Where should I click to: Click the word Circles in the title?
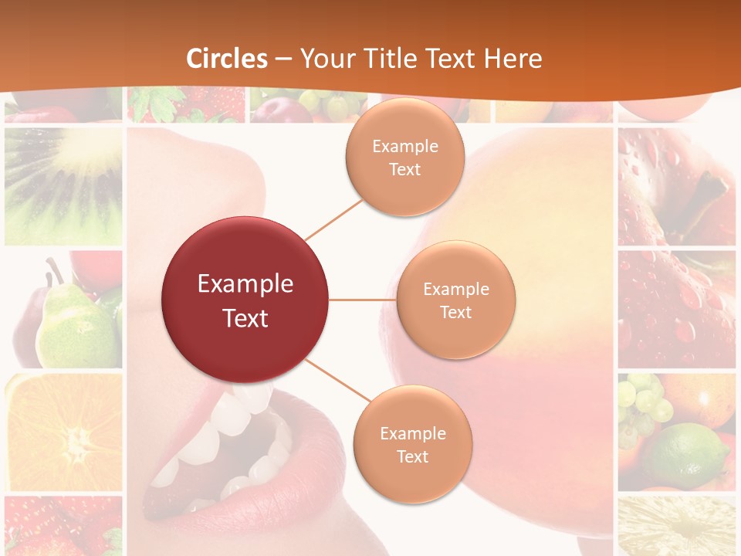(227, 59)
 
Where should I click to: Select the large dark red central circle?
(245, 300)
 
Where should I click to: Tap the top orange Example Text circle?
(404, 157)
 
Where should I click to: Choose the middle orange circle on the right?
(455, 300)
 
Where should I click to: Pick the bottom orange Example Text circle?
(412, 444)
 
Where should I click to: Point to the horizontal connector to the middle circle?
(363, 300)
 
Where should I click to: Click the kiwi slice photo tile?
(63, 185)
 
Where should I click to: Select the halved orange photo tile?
(63, 432)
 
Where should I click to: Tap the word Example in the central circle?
(245, 284)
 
